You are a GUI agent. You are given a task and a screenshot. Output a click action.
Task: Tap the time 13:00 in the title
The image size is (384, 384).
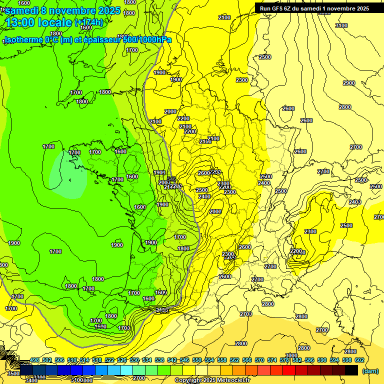pos(21,22)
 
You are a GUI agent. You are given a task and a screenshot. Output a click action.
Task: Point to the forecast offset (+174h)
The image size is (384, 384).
pos(88,22)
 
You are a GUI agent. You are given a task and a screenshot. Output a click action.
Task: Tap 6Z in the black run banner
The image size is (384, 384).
pos(291,8)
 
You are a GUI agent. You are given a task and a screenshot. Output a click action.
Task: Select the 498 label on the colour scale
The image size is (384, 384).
pos(34,360)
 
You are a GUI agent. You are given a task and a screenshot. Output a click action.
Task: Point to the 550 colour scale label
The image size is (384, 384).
pos(197,360)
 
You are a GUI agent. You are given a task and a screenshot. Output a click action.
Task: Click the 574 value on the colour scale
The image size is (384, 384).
pos(272,360)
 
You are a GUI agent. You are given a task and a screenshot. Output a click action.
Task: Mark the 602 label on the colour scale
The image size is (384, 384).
pos(359,360)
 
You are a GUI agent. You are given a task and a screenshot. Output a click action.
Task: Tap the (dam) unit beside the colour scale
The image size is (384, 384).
pos(370,370)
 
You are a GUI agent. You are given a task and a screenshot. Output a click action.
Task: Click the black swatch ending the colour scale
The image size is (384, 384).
pos(351,370)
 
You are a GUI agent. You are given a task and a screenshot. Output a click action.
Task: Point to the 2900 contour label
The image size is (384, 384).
pos(348,83)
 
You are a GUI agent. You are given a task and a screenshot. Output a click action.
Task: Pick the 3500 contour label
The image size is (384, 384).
pos(13,373)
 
